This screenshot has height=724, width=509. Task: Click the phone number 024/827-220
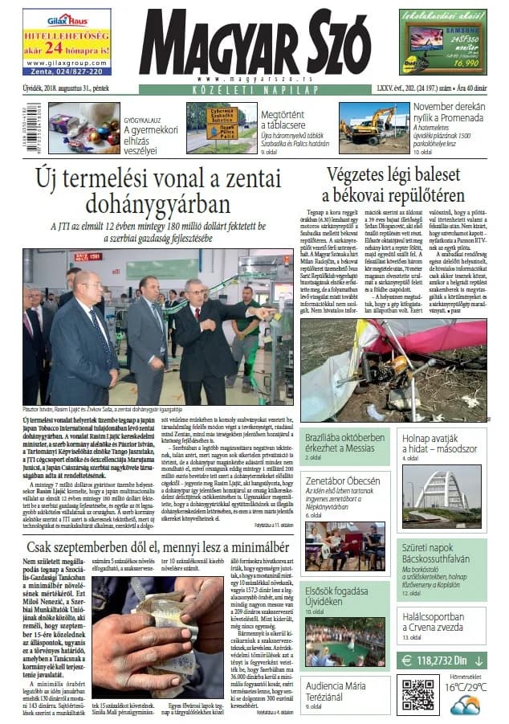[x=66, y=71]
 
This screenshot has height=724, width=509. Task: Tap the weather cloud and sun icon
[x=465, y=704]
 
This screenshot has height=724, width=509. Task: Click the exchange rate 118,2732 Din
[x=442, y=661]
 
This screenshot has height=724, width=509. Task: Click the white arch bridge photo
[x=443, y=486]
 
